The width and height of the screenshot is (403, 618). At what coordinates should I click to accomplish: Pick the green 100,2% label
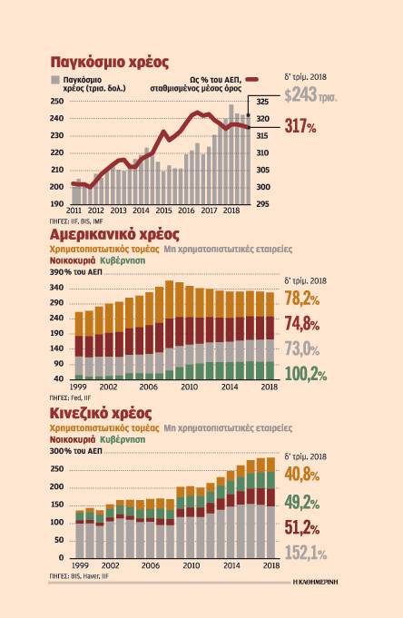pos(306,373)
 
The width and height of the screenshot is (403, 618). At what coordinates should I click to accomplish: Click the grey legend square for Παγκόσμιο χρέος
pos(56,82)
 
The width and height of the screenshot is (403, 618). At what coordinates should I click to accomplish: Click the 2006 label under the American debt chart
pos(148,387)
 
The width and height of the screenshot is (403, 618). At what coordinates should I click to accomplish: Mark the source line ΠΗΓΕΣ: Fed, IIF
pos(72,397)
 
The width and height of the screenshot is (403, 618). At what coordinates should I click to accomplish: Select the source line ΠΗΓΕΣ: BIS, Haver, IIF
pos(79,575)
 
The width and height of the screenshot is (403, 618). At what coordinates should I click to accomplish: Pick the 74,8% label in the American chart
pos(303,324)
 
